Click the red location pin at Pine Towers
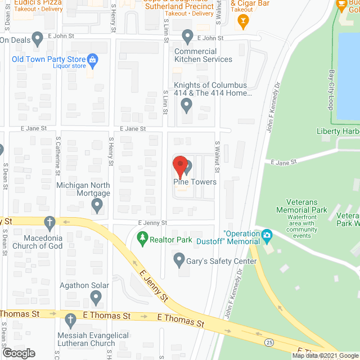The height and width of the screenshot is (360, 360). pyautogui.click(x=179, y=165)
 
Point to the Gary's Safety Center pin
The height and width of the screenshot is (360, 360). pyautogui.click(x=179, y=260)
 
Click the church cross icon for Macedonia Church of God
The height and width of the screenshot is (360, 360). pyautogui.click(x=49, y=221)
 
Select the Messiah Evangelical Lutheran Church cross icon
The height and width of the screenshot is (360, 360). pyautogui.click(x=70, y=319)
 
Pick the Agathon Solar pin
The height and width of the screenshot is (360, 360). pyautogui.click(x=96, y=298)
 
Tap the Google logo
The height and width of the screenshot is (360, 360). pyautogui.click(x=19, y=353)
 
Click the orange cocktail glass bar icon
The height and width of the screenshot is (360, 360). pyautogui.click(x=243, y=22)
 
